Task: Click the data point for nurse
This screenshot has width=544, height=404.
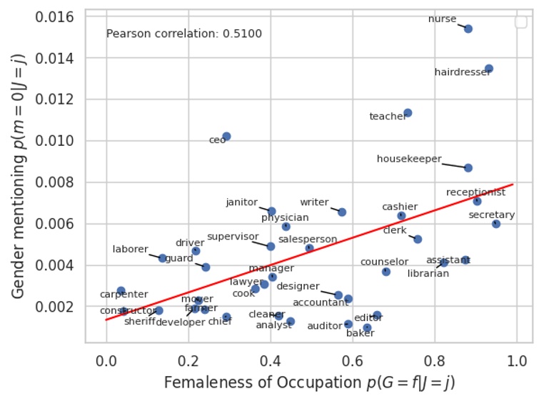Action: click(468, 29)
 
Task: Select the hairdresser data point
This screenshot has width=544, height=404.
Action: click(489, 69)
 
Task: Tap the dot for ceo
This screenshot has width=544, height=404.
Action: click(226, 136)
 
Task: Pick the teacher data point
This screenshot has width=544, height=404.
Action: click(408, 113)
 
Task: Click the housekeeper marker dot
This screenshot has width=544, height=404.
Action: click(468, 167)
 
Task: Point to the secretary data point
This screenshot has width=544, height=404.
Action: click(496, 224)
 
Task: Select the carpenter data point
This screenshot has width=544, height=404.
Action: click(121, 291)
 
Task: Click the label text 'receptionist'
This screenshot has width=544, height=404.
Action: click(475, 192)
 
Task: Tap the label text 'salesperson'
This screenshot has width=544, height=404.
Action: click(308, 239)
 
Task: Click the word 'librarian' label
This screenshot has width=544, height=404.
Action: click(428, 273)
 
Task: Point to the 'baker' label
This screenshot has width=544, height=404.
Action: click(360, 332)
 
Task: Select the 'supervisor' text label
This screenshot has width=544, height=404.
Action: click(233, 236)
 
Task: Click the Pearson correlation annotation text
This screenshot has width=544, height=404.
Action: click(183, 34)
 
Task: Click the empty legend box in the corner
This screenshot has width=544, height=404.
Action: click(521, 22)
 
